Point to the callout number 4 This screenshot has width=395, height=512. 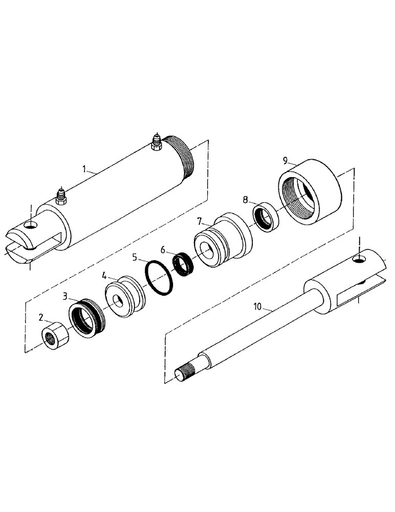click(104, 276)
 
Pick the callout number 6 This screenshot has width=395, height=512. click(163, 249)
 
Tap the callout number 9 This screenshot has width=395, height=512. click(286, 160)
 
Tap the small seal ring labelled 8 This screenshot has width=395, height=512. click(265, 218)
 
